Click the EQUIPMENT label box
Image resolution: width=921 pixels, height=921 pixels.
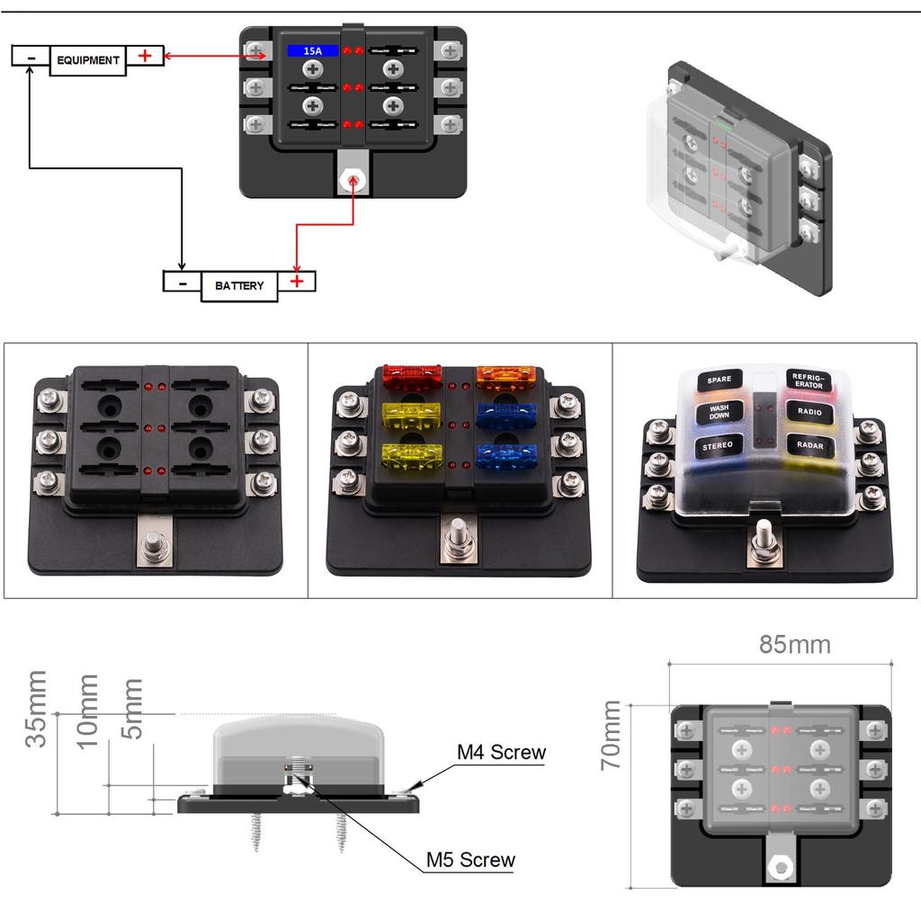coord(87,60)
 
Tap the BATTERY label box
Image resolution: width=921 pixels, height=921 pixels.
coord(238,286)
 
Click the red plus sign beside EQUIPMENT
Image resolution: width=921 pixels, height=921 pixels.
coord(145,56)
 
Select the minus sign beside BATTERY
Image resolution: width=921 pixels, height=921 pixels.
coord(182,282)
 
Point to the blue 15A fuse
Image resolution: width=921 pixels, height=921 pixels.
coord(312,51)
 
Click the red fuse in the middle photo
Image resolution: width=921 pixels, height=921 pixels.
coord(410,376)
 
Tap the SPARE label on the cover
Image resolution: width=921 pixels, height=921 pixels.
coord(719,380)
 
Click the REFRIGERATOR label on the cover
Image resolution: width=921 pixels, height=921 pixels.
coord(809,380)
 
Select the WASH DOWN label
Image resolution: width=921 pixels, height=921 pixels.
coord(719,412)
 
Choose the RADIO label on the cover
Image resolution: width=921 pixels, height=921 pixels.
coord(809,412)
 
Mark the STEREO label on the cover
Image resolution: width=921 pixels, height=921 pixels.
coord(718,445)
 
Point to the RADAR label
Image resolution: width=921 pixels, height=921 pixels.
coord(809,444)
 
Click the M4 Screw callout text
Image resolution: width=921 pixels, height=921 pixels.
coord(501,752)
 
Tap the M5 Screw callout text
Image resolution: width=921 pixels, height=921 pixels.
coord(470,860)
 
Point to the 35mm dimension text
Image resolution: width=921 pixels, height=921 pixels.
coord(37,709)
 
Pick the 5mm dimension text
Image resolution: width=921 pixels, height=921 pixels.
coord(132,709)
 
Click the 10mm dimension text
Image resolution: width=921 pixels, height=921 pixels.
coord(87,711)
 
